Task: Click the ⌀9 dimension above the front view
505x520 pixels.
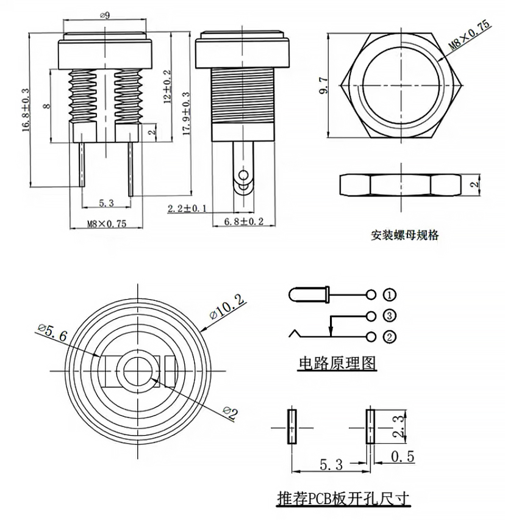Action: tap(104, 16)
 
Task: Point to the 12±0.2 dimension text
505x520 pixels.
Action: tap(168, 85)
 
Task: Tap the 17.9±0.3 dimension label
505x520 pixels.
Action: tap(186, 112)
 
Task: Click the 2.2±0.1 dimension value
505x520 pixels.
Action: tap(187, 209)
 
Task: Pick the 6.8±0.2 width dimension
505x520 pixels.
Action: tap(243, 222)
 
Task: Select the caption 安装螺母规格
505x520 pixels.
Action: tap(404, 235)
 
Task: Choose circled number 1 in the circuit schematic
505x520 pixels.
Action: tap(390, 295)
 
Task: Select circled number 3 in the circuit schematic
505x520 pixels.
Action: tap(390, 316)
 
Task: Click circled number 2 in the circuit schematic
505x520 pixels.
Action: tap(390, 336)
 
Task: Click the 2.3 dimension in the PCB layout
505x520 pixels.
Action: tap(398, 425)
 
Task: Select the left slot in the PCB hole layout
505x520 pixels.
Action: tap(292, 426)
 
